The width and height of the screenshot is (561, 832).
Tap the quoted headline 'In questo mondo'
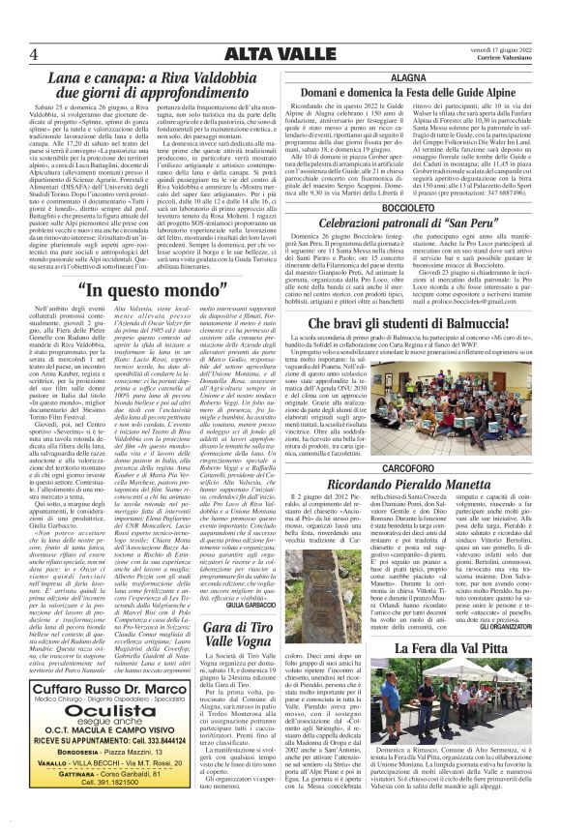[158, 316]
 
